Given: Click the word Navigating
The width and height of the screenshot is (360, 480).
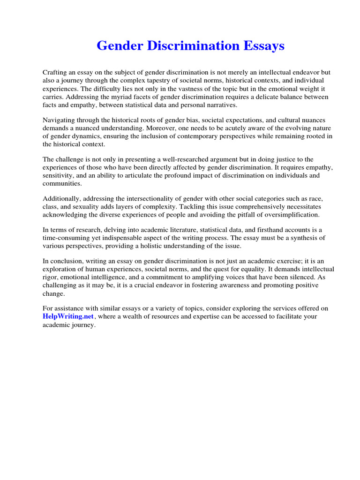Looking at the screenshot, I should click(59, 120).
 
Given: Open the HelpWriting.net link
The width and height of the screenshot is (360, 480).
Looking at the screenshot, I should click(68, 316).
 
